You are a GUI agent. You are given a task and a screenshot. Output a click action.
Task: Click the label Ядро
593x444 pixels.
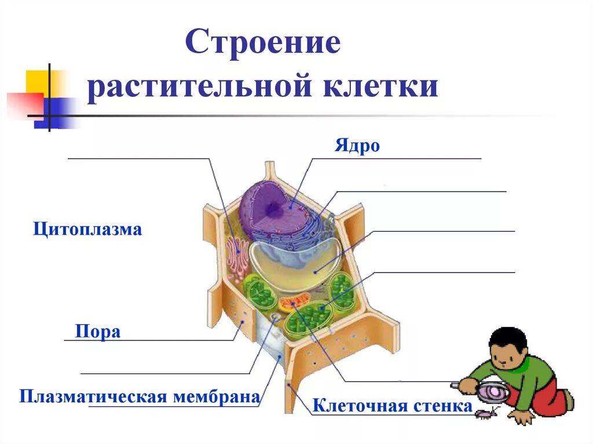(x=357, y=146)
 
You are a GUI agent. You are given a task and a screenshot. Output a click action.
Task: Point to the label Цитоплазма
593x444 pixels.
(x=87, y=230)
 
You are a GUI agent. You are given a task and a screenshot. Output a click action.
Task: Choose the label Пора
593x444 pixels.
(x=98, y=332)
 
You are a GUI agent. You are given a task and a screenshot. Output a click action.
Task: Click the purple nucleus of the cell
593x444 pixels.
(x=272, y=206)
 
